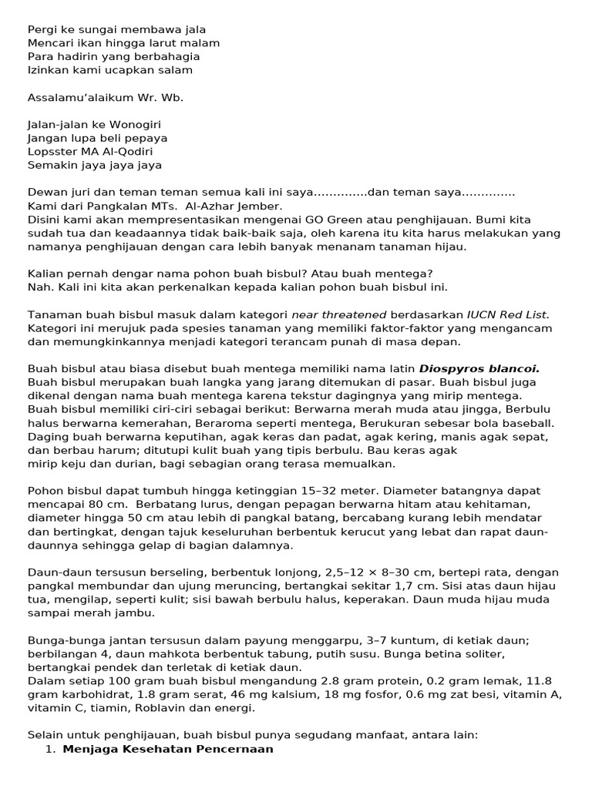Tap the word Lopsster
[53, 152]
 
